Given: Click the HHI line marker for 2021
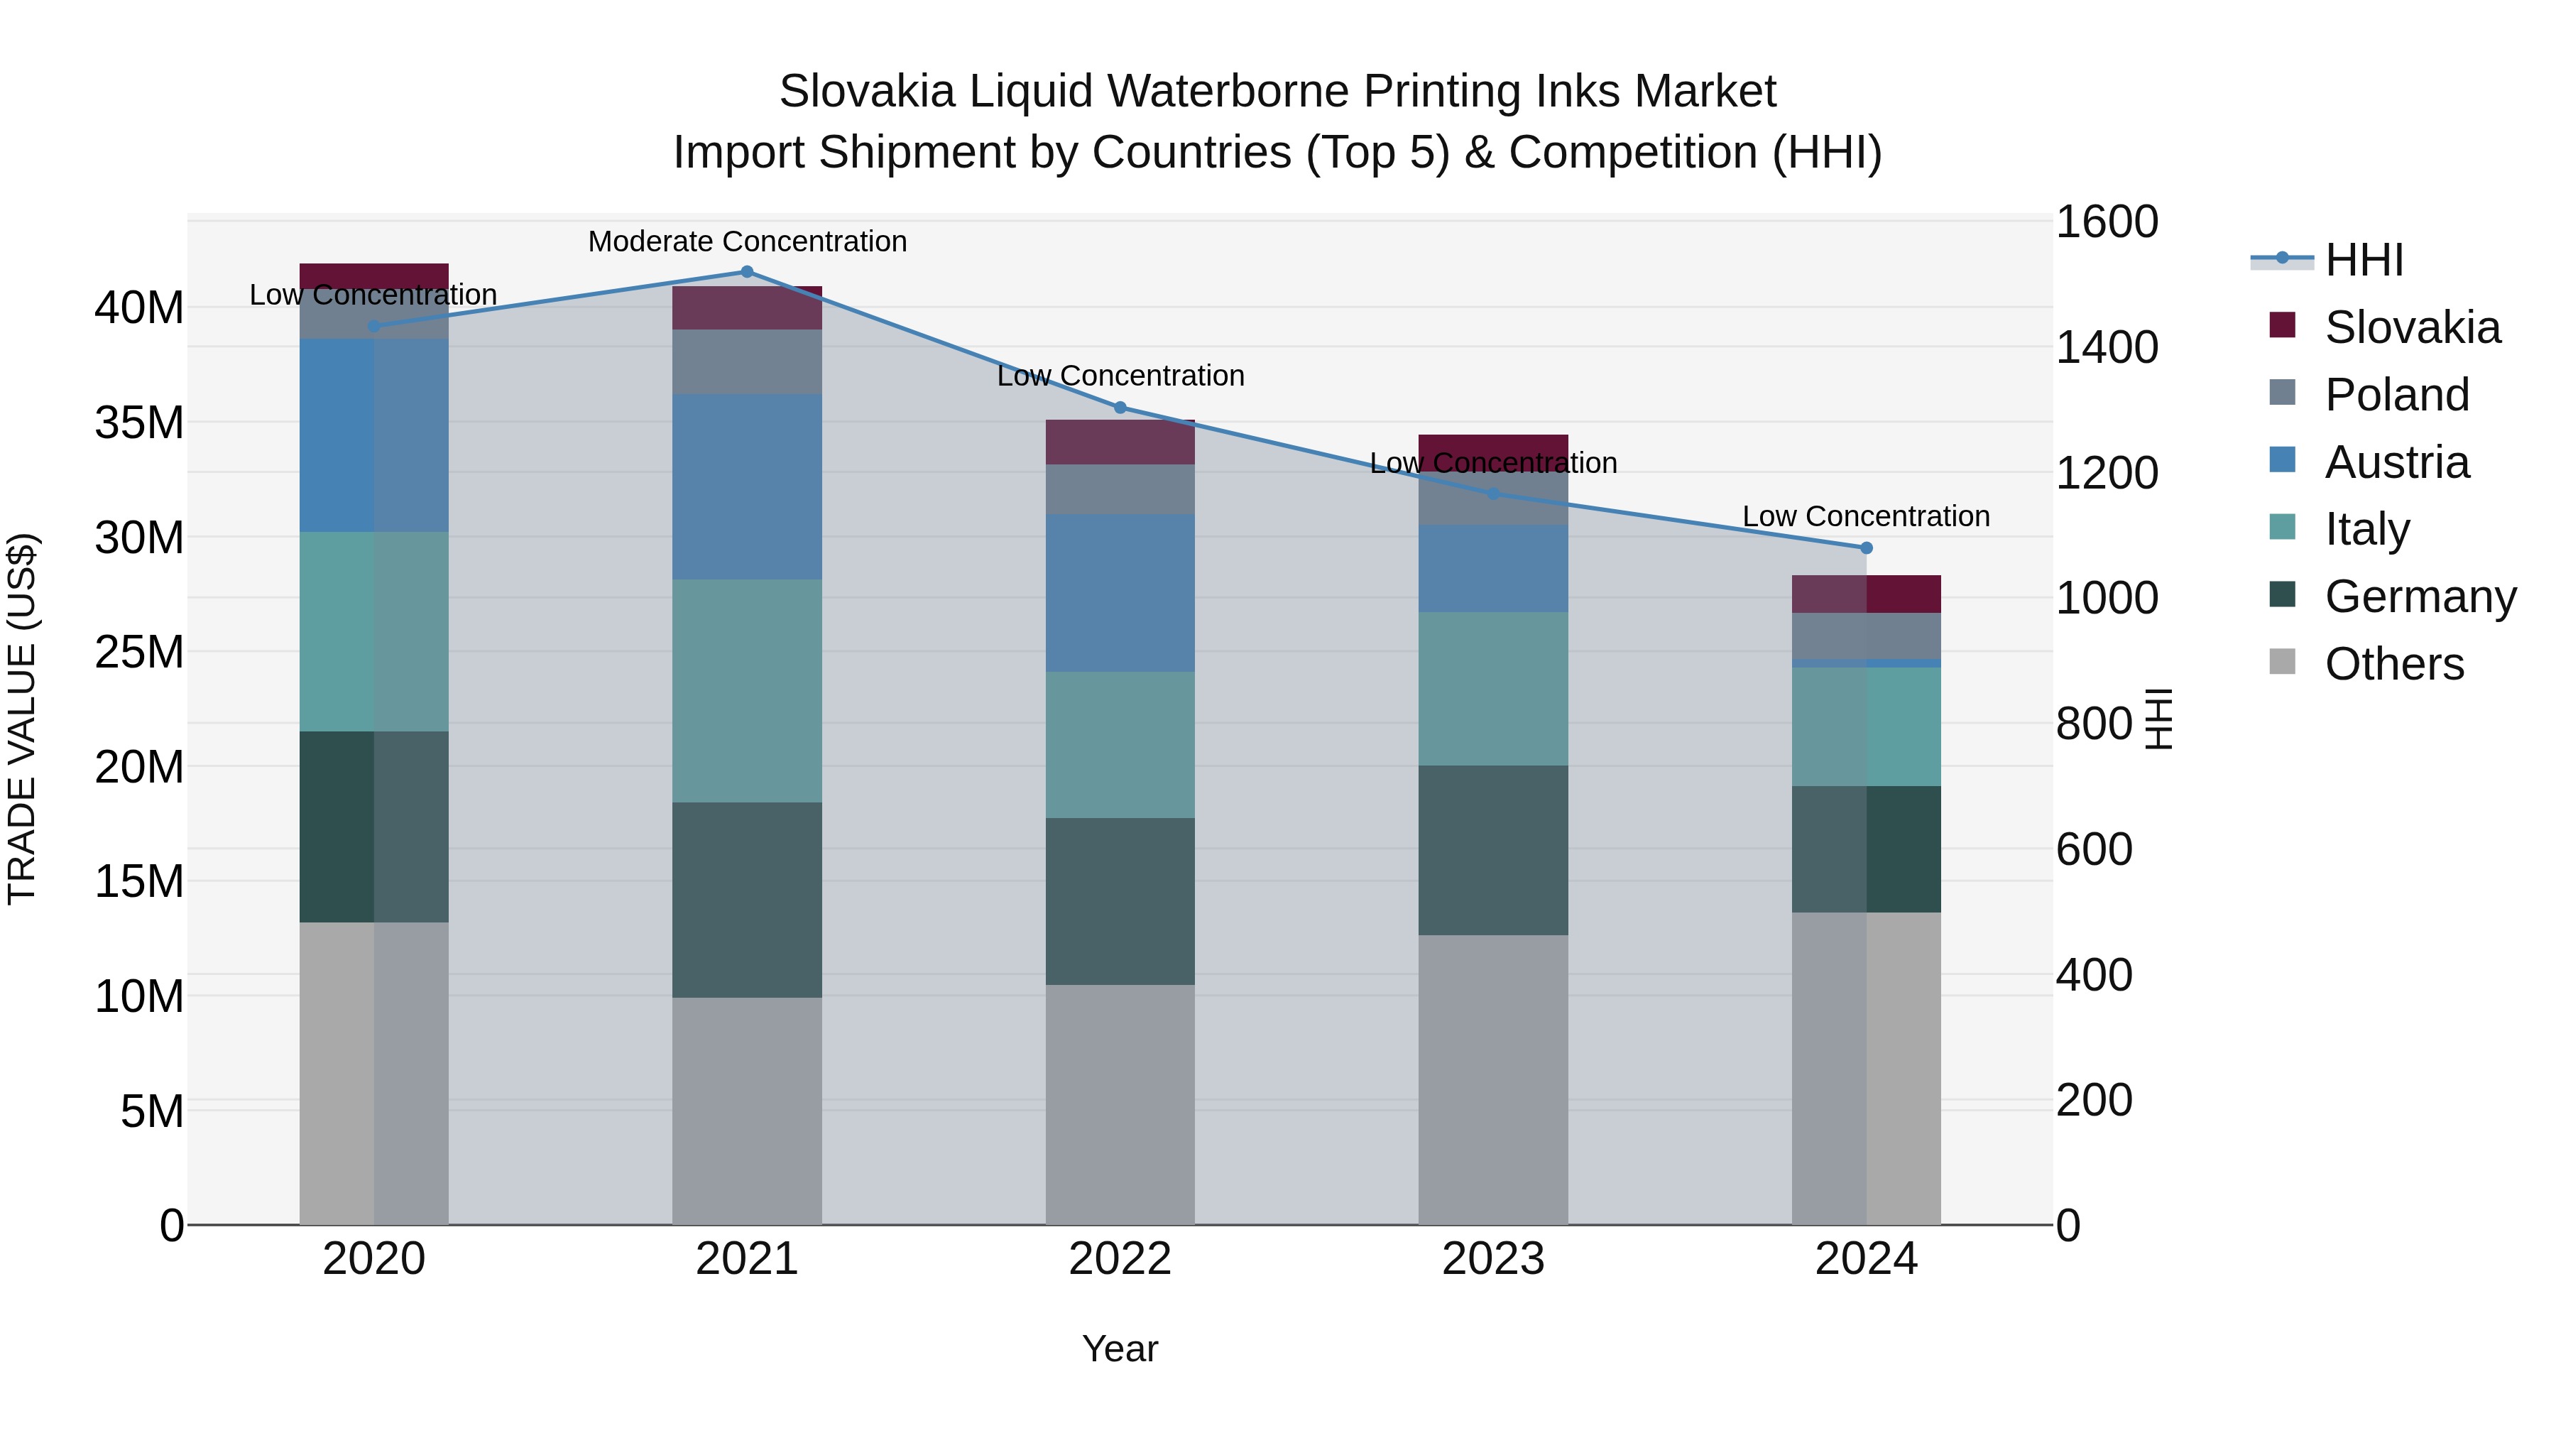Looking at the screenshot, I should [x=747, y=272].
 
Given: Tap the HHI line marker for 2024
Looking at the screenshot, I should [x=1865, y=548].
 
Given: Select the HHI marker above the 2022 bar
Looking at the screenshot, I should [x=1120, y=408].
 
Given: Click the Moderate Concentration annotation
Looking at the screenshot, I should [x=747, y=241].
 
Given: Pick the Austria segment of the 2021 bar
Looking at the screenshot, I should [x=747, y=486].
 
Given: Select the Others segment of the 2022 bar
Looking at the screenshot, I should [x=1120, y=1104].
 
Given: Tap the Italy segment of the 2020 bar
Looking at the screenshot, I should [x=374, y=631].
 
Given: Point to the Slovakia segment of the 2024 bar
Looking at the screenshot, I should [x=1865, y=594].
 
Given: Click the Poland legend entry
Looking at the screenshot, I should [x=2396, y=395].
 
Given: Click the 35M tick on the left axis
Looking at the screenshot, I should [x=139, y=423].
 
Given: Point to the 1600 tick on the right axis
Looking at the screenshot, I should [x=2106, y=222].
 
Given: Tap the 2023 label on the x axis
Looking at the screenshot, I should [x=1492, y=1259].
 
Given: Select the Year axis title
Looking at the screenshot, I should [x=1120, y=1349].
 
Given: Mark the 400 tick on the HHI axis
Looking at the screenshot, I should [x=2094, y=974].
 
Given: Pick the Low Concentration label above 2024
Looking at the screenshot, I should [x=1865, y=516].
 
